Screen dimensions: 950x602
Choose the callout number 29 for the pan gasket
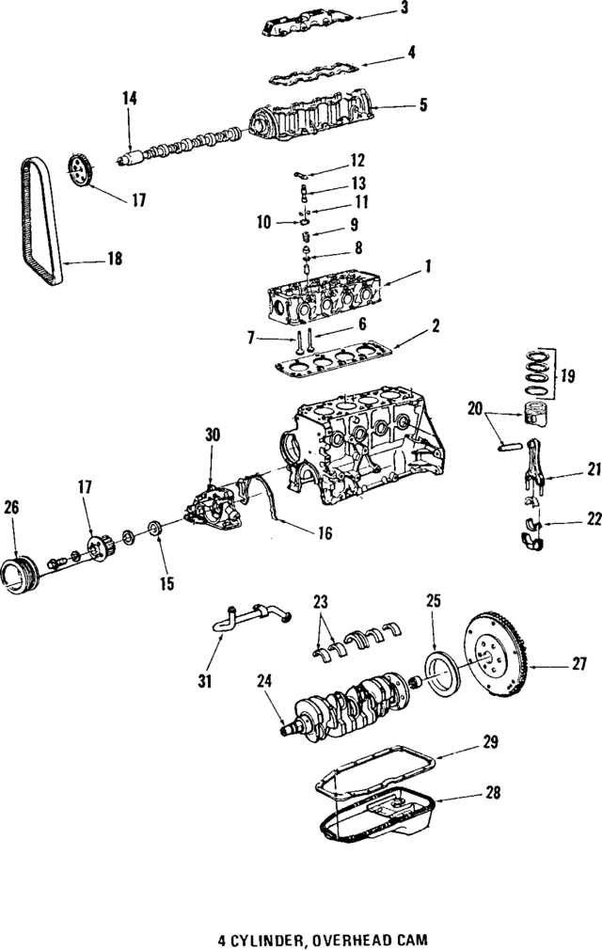(x=489, y=743)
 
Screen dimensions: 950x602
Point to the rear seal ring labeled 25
(x=437, y=673)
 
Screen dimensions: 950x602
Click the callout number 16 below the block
(x=325, y=533)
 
